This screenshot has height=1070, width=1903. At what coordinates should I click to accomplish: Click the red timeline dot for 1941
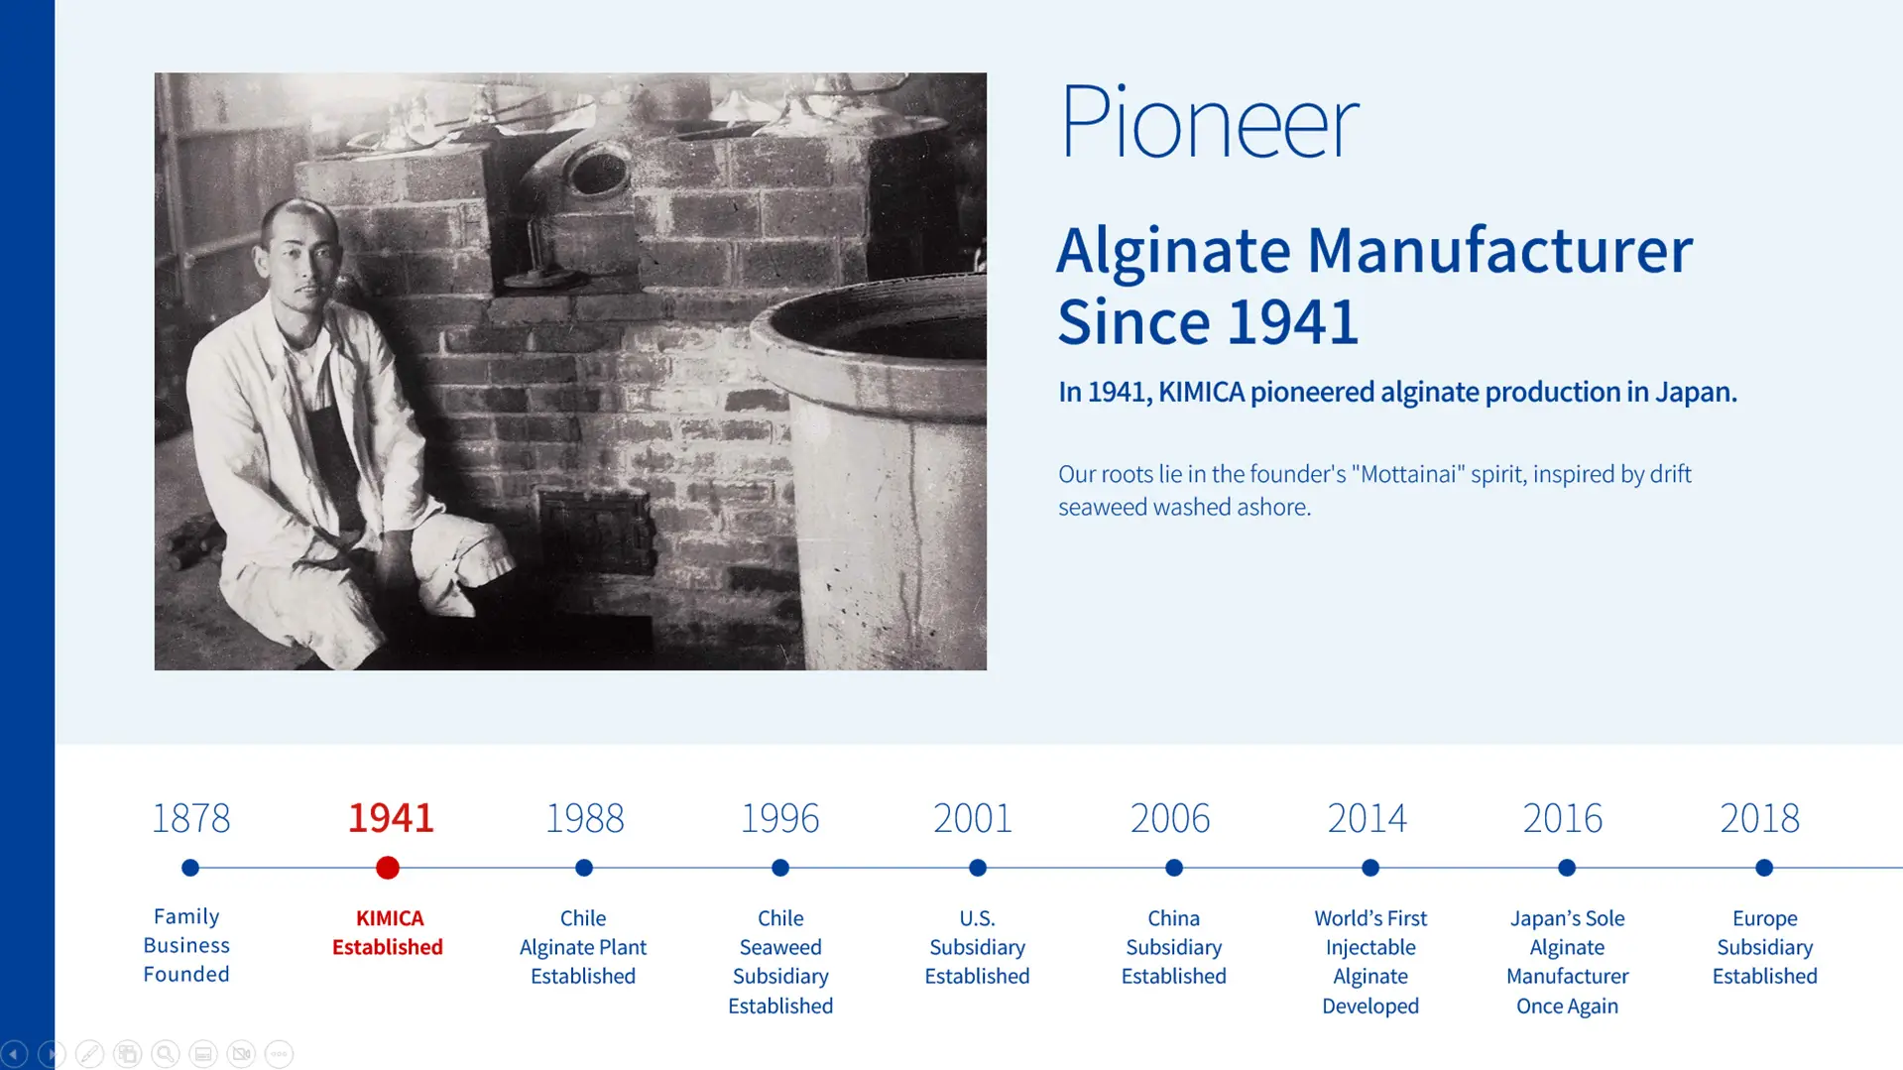point(388,868)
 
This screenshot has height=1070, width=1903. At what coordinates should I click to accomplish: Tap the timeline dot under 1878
point(190,868)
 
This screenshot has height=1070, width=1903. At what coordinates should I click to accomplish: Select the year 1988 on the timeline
point(584,818)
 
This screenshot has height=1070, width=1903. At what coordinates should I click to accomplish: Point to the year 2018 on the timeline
point(1759,818)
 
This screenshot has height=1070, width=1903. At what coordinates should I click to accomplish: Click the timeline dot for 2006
point(1174,868)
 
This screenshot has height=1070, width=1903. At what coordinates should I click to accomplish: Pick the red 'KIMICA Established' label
point(388,932)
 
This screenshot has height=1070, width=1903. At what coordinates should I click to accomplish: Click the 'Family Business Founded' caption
point(186,945)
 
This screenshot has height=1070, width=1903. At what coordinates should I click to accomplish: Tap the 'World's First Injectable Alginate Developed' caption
point(1370,961)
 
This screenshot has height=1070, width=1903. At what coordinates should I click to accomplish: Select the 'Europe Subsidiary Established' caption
point(1764,947)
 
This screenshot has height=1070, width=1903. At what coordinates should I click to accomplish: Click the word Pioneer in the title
point(1209,123)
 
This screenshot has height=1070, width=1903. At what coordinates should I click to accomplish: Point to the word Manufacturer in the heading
point(1498,250)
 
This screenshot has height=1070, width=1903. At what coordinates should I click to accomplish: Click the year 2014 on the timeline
point(1367,818)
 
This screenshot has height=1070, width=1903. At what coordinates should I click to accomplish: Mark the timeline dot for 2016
point(1567,868)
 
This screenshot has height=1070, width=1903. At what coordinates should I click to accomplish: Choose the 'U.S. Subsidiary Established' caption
point(977,947)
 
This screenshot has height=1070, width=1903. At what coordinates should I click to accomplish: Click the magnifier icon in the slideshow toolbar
point(166,1053)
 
